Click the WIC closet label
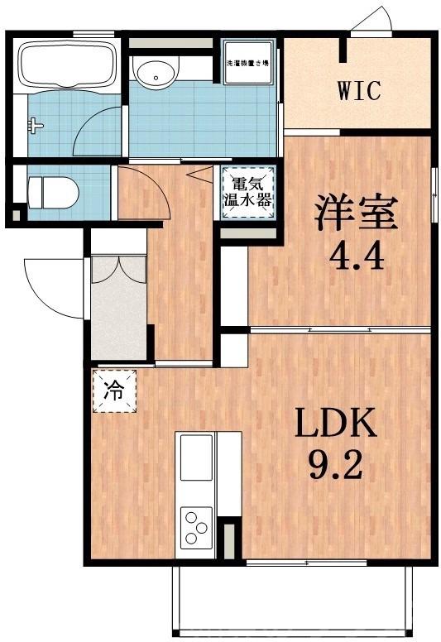[358, 90]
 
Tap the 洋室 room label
[355, 213]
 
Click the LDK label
[336, 424]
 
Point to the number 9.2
[337, 469]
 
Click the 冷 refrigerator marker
[113, 390]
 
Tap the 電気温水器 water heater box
[247, 192]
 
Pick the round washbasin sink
[155, 75]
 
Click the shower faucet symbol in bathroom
[34, 125]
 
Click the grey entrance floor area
[118, 323]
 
